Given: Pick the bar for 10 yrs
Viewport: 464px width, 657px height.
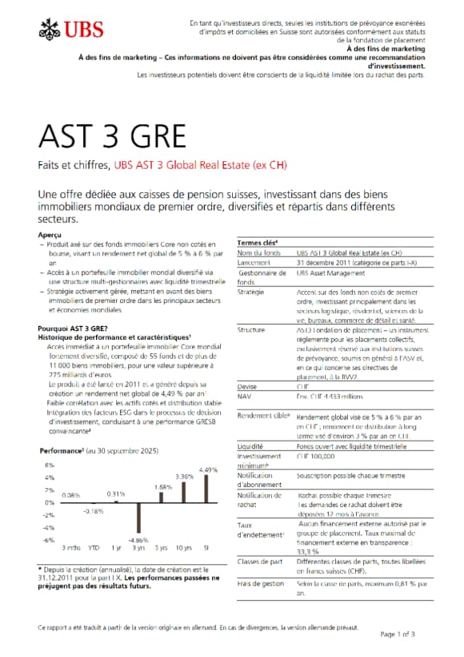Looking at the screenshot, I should point(184,492).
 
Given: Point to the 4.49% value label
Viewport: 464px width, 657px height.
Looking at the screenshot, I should point(208,470).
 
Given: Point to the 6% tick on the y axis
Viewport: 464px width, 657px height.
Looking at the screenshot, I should point(49,465).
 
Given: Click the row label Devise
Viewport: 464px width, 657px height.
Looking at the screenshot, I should point(248,386).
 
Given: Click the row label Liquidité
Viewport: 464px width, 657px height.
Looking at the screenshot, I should point(251,445).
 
